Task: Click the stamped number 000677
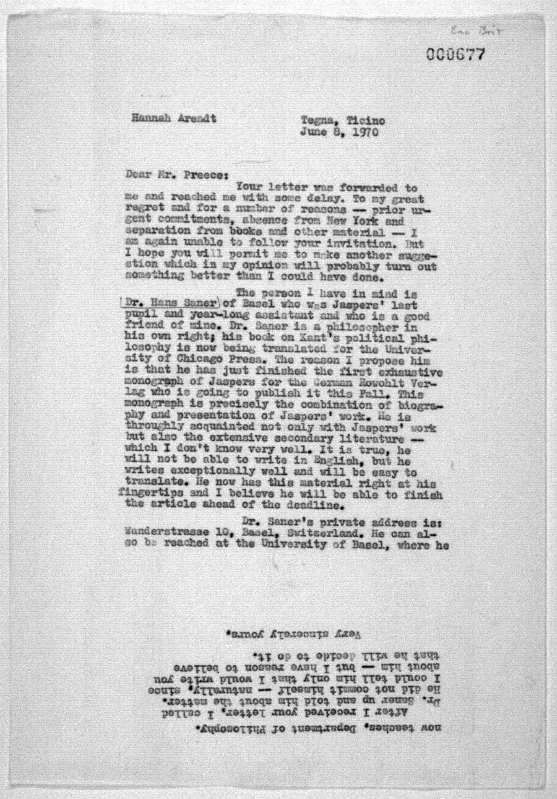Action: (x=454, y=55)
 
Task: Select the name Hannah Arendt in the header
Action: (x=173, y=118)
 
